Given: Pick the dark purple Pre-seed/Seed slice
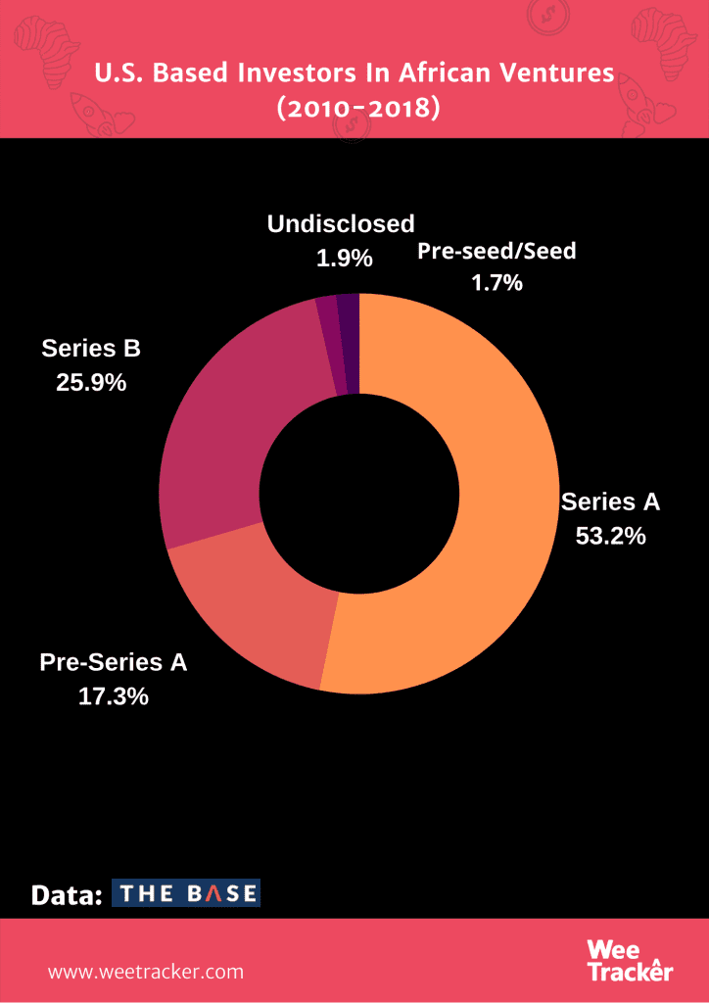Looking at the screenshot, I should point(349,343).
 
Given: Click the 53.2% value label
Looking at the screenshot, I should point(611,536).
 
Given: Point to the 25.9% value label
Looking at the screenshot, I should point(91,382).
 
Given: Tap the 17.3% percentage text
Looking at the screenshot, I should point(114,696).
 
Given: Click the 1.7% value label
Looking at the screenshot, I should point(496,283).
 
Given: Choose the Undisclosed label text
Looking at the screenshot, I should point(341,224).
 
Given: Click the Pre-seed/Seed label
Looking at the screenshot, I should point(496,251).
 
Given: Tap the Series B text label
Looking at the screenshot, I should point(91,348).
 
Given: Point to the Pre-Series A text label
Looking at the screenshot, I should point(114,662).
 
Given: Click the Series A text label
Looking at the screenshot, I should point(611,502).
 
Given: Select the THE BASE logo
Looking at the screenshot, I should point(186,892).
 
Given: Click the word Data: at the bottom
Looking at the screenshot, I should point(67,894).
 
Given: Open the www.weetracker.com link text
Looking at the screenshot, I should point(146,972).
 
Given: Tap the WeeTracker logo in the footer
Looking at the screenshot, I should point(631,960).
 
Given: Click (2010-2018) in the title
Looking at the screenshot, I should point(354,107).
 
